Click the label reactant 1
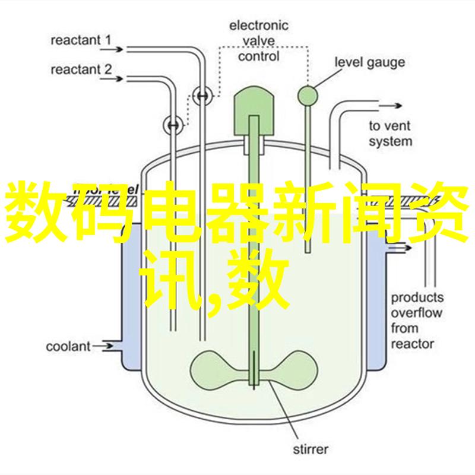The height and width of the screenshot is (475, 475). tap(81, 40)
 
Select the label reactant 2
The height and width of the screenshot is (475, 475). tap(81, 70)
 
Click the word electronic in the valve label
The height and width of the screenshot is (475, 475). tap(258, 26)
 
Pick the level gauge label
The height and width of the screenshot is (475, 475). tap(369, 62)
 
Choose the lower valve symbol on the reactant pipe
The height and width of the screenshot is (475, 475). tap(173, 125)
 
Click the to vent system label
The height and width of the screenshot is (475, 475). tap(390, 134)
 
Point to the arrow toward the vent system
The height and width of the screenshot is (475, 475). tap(390, 106)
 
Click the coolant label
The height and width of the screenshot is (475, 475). tap(68, 346)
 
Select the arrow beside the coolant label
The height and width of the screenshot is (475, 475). tap(102, 346)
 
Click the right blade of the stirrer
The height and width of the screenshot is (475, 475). tap(288, 370)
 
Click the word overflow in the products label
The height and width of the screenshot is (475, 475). tap(417, 313)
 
